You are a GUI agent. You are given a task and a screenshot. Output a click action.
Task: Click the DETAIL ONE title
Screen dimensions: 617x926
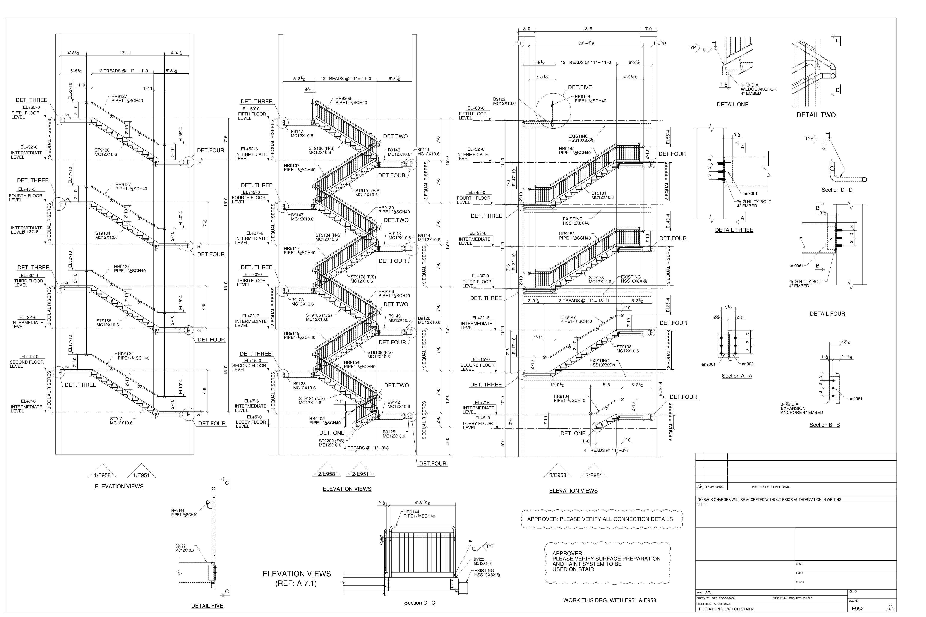(x=732, y=105)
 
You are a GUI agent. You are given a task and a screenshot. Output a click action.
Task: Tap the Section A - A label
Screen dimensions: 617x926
(x=737, y=376)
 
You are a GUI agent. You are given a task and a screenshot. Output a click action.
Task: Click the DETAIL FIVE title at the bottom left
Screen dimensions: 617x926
(x=207, y=606)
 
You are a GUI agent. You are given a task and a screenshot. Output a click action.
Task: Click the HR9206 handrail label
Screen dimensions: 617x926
(x=343, y=99)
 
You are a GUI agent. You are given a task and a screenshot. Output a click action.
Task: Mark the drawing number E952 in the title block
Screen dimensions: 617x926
(x=857, y=609)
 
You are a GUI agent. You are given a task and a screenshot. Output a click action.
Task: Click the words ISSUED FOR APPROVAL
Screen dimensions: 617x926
(x=770, y=487)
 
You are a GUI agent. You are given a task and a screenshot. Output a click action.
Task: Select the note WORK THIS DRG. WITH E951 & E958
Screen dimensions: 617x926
(x=609, y=601)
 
